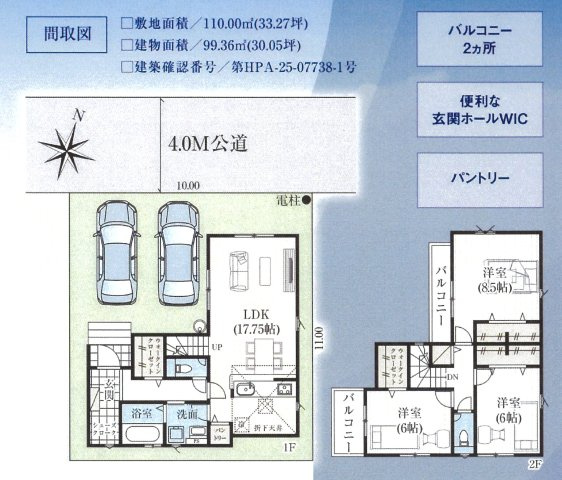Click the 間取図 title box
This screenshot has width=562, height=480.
point(68,33)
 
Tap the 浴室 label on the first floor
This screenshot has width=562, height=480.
point(141,412)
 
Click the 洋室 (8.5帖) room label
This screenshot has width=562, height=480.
point(490,280)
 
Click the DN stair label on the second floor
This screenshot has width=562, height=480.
point(451,377)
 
